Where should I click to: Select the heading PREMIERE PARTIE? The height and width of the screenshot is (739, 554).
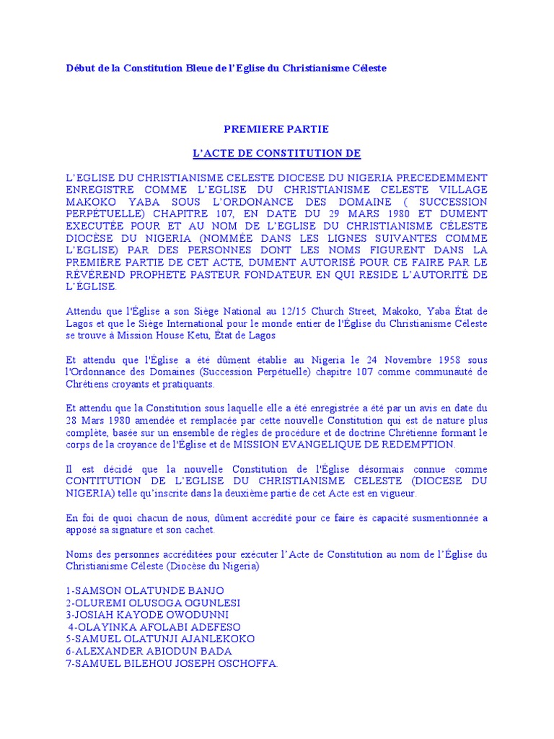[276, 129]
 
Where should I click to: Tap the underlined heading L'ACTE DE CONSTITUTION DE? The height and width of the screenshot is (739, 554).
[276, 154]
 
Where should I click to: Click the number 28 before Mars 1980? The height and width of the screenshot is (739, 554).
[71, 421]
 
